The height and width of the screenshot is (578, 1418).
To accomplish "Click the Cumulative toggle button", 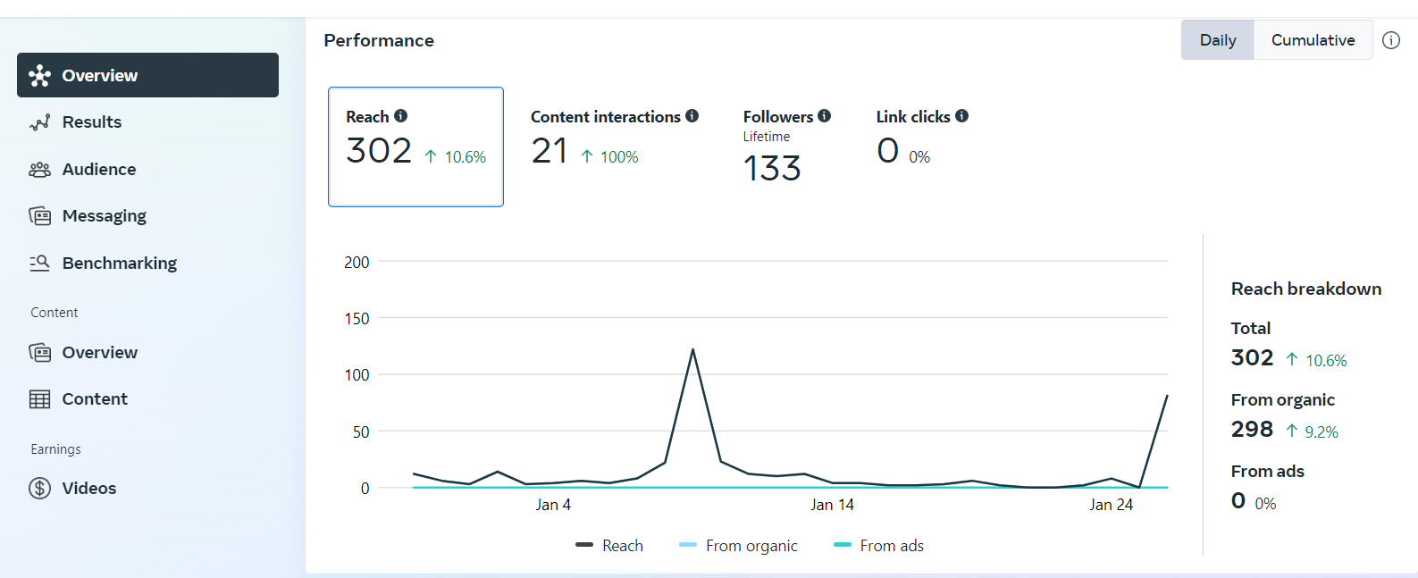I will click(x=1313, y=40).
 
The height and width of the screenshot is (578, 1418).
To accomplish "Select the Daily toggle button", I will click(x=1218, y=40).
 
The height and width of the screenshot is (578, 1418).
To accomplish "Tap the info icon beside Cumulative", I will click(x=1391, y=40).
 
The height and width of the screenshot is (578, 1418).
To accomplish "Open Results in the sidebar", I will click(x=91, y=122).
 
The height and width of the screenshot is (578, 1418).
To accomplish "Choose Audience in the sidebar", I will click(x=98, y=170).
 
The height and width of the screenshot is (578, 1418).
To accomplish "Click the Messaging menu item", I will click(x=104, y=216).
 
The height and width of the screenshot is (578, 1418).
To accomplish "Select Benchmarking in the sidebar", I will click(x=119, y=264).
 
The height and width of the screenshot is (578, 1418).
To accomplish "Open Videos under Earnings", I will click(x=88, y=489).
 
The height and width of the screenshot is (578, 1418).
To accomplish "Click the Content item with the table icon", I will click(x=94, y=399).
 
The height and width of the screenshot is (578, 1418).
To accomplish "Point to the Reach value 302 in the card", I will click(x=379, y=151).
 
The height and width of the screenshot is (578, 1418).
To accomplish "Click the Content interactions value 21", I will click(x=550, y=151).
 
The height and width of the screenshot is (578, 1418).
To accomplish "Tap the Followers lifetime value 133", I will click(x=772, y=169).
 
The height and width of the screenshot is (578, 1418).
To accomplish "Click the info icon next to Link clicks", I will click(x=961, y=116).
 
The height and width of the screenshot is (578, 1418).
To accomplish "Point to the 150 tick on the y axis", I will click(x=357, y=319).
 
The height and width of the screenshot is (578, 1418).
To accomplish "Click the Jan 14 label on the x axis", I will click(x=832, y=505).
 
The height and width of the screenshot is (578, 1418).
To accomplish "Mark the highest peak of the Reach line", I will click(x=692, y=349).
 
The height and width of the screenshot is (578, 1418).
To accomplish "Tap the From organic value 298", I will click(x=1252, y=430).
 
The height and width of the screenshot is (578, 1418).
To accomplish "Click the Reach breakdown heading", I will click(x=1305, y=289).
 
